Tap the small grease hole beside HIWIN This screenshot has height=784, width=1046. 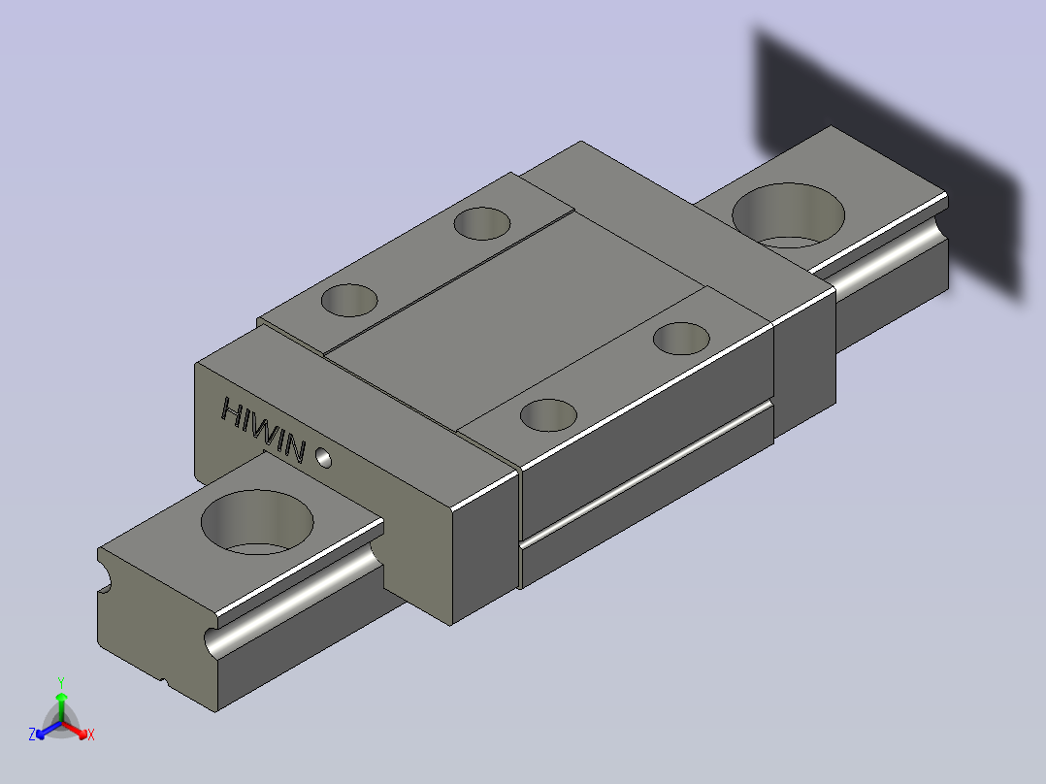(x=323, y=458)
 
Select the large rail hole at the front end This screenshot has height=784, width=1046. (x=257, y=522)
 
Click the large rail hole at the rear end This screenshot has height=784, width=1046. (x=789, y=214)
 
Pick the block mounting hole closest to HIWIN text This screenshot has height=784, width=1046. (x=349, y=300)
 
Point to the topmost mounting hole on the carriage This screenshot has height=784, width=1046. (x=481, y=223)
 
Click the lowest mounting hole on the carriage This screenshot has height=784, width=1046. (x=548, y=415)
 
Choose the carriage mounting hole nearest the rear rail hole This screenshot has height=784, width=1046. (x=681, y=339)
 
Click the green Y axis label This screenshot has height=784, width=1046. (x=61, y=682)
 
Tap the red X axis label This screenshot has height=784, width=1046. (x=91, y=735)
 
